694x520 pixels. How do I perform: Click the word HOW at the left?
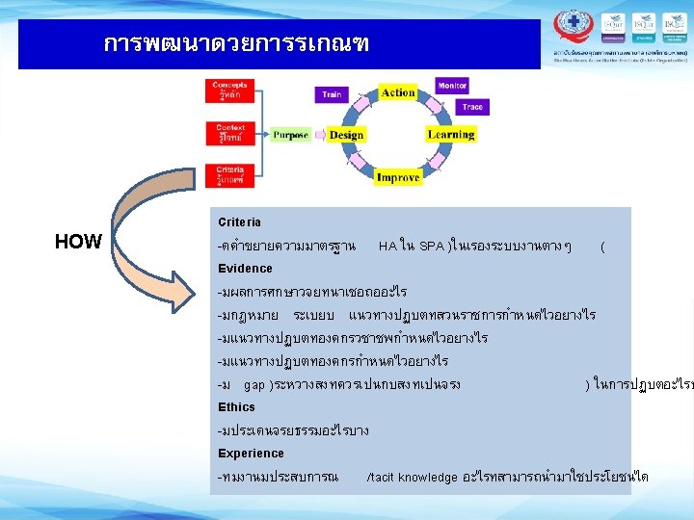tap(78, 242)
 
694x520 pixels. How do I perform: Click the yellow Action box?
tap(397, 92)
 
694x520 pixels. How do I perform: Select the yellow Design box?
tap(346, 135)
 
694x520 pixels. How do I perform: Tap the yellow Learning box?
tap(450, 135)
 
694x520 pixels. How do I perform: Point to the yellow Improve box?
tap(397, 177)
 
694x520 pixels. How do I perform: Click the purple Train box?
tap(332, 94)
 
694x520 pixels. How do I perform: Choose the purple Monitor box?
tap(452, 86)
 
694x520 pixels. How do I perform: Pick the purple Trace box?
tap(471, 107)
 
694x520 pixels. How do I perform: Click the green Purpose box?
tap(290, 136)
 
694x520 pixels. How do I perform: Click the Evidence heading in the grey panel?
tap(245, 269)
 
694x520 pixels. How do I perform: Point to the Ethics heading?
tap(236, 407)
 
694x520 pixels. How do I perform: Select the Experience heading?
tap(251, 454)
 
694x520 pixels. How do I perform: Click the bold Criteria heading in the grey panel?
tap(239, 222)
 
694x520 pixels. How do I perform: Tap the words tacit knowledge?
tap(414, 477)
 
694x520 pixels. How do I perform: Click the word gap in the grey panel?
tap(254, 385)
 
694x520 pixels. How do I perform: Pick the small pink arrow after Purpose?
tap(318, 136)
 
